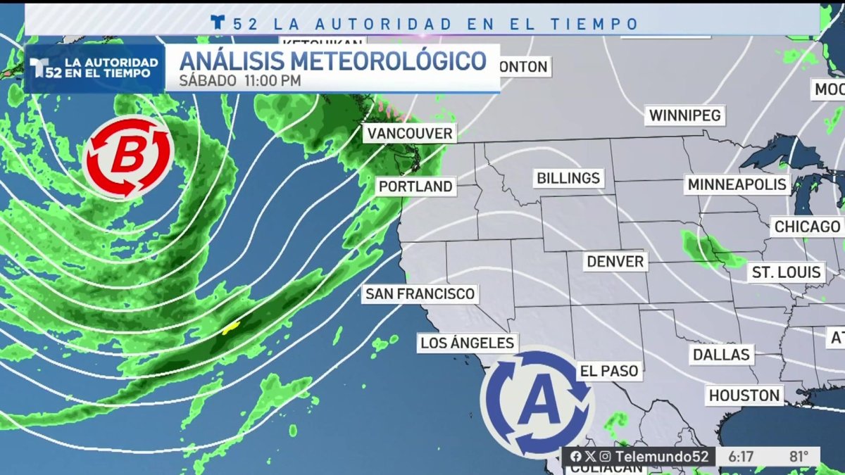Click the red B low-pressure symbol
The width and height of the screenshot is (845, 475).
(127, 157)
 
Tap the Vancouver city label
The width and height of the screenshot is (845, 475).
(410, 133)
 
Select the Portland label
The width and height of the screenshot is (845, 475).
(415, 186)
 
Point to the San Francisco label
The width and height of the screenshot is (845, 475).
(420, 293)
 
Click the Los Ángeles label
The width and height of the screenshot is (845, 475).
(467, 343)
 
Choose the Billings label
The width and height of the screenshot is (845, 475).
(568, 178)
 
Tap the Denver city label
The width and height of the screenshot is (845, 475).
(615, 262)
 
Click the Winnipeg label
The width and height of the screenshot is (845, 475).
(685, 115)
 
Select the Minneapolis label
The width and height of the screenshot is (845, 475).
(737, 185)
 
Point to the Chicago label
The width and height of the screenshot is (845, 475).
(807, 227)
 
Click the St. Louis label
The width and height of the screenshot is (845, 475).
(786, 272)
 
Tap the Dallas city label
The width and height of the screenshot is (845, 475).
(721, 354)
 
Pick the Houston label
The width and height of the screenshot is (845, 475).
(744, 395)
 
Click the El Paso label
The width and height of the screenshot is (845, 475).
(608, 371)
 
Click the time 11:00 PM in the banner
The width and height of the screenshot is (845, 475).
(273, 80)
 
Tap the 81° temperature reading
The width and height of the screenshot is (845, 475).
(799, 457)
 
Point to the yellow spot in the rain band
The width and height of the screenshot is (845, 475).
(231, 327)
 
